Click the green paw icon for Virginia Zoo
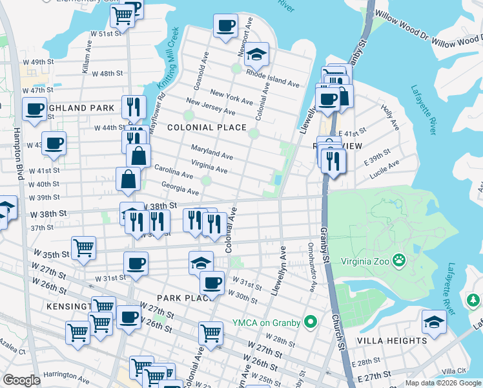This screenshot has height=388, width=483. (x=400, y=260)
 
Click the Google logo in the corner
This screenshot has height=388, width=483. (x=22, y=380)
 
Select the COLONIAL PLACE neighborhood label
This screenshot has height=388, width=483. (x=207, y=128)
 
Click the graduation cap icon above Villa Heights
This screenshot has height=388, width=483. (x=434, y=321)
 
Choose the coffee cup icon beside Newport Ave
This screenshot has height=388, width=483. (x=225, y=26)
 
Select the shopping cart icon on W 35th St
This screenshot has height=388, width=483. (x=84, y=247)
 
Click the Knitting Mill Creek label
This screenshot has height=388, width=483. (x=166, y=69)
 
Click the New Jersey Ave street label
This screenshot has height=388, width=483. (x=206, y=105)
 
